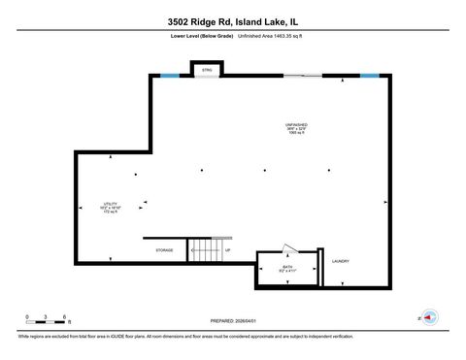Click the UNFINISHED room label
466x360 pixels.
pyautogui.click(x=297, y=124)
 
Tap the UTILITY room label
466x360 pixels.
pyautogui.click(x=111, y=204)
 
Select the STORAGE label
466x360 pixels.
pyautogui.click(x=164, y=250)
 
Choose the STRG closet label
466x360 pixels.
pyautogui.click(x=207, y=70)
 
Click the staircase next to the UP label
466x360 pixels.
pyautogui.click(x=205, y=250)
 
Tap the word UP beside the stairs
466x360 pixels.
pyautogui.click(x=229, y=250)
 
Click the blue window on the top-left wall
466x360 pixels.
pyautogui.click(x=169, y=75)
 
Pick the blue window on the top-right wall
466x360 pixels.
pyautogui.click(x=369, y=75)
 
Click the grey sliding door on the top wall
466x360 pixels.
pyautogui.click(x=302, y=75)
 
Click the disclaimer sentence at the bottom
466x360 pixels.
pyautogui.click(x=184, y=337)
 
